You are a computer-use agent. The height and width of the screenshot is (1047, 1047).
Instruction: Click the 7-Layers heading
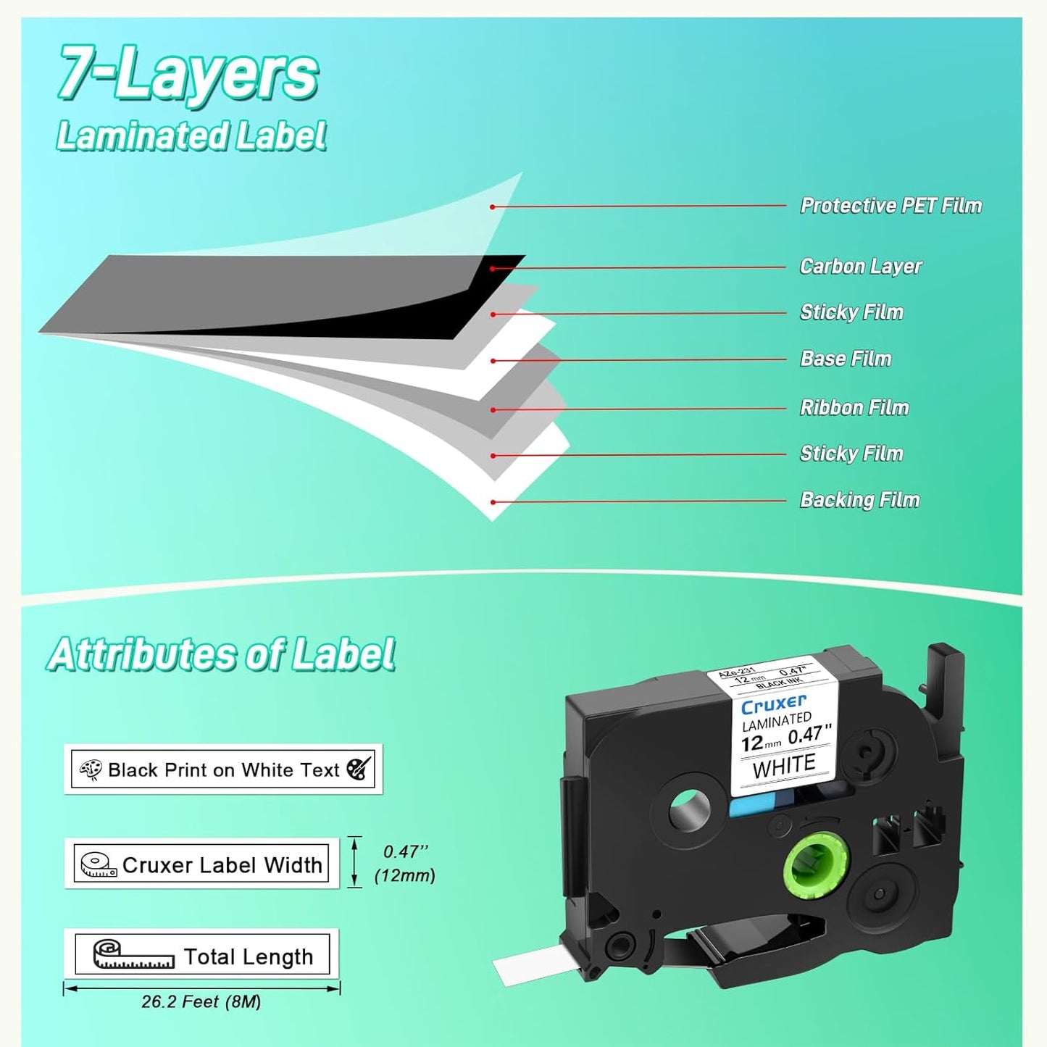[x=188, y=74]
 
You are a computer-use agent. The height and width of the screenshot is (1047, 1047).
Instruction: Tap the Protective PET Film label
[x=890, y=206]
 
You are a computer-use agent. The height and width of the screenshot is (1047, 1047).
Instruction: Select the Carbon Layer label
[x=860, y=267]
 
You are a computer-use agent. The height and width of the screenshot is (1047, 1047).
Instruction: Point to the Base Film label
[x=846, y=359]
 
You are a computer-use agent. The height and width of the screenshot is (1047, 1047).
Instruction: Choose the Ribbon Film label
[x=854, y=407]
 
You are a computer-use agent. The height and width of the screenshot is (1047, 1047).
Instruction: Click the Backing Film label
[x=859, y=500]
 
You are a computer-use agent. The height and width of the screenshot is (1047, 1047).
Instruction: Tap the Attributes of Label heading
[x=222, y=654]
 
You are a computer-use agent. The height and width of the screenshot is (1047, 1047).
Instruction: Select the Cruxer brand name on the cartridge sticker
[x=773, y=704]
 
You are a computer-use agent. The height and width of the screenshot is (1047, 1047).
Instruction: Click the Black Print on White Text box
[x=223, y=769]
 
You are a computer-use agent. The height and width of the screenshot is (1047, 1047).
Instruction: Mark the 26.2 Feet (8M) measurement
[x=201, y=1002]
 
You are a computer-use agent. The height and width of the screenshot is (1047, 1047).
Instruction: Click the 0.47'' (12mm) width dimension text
[x=405, y=864]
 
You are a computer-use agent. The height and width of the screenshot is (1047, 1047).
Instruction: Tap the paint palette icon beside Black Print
[x=91, y=769]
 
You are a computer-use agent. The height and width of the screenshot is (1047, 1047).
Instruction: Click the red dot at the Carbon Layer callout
[x=492, y=269]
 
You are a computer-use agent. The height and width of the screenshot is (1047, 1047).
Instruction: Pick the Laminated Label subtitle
[x=191, y=136]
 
